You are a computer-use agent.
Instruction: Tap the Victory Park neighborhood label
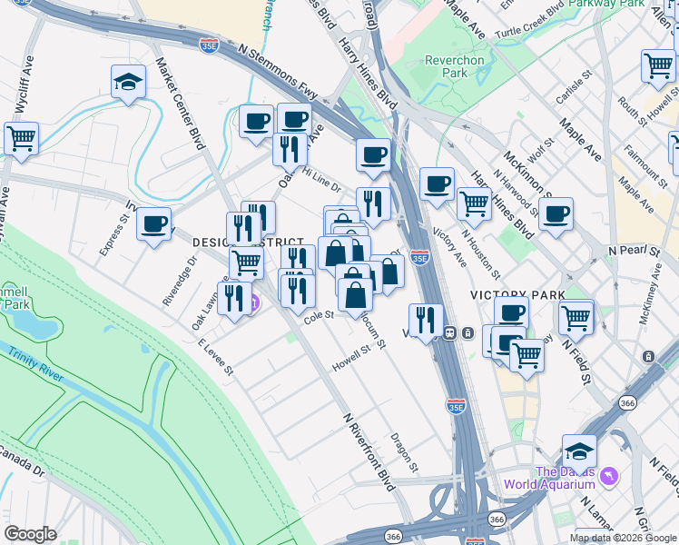click(517, 295)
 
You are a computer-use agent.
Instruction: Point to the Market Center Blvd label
click(181, 96)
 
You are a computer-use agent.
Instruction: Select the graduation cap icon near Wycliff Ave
click(129, 82)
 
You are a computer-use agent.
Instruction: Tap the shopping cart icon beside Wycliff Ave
click(20, 139)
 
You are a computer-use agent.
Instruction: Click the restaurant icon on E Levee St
click(234, 298)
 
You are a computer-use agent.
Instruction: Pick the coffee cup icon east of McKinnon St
click(556, 213)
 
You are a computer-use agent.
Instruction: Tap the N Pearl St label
click(634, 249)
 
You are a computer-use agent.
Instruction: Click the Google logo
click(31, 534)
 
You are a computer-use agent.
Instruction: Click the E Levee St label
click(215, 356)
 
